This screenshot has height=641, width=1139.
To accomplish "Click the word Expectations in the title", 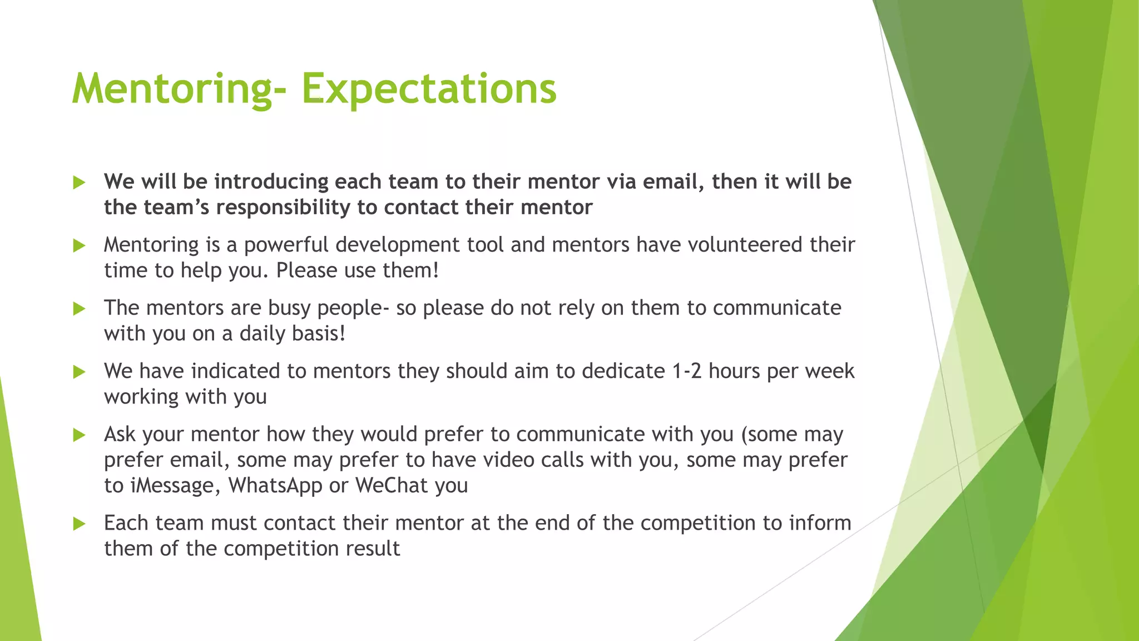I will point(428,88).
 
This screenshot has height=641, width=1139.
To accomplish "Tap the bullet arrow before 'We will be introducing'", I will point(80,183).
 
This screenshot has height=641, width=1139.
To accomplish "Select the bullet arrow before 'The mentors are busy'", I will point(80,309).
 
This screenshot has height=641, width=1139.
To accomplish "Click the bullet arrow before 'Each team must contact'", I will point(80,524).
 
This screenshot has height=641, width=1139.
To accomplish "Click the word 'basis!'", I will point(320,334).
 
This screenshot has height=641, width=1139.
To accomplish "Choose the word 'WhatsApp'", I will point(275,486).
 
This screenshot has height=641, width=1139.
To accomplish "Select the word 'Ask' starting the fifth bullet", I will point(120,435).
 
